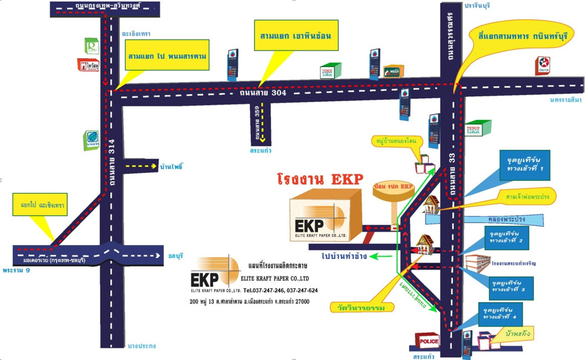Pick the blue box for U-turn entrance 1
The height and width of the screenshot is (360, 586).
[524, 165]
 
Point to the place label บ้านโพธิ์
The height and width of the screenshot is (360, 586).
[171, 166]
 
